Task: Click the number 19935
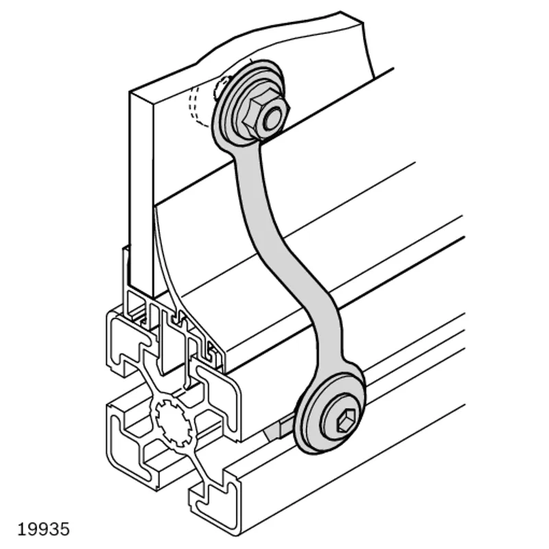pos(43,529)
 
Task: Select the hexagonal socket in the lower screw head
pos(346,422)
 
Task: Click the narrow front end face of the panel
pos(142,193)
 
